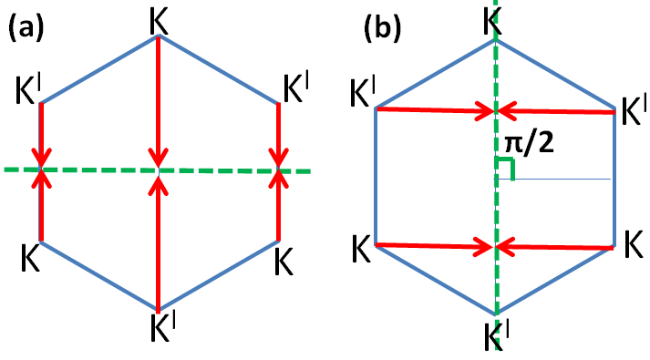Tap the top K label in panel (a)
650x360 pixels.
click(158, 18)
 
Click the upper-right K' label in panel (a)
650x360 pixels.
click(297, 88)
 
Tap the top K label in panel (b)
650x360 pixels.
click(493, 23)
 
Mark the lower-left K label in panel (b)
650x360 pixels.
click(361, 246)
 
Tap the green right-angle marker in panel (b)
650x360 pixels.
click(506, 170)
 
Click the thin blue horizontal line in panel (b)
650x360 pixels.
click(565, 179)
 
